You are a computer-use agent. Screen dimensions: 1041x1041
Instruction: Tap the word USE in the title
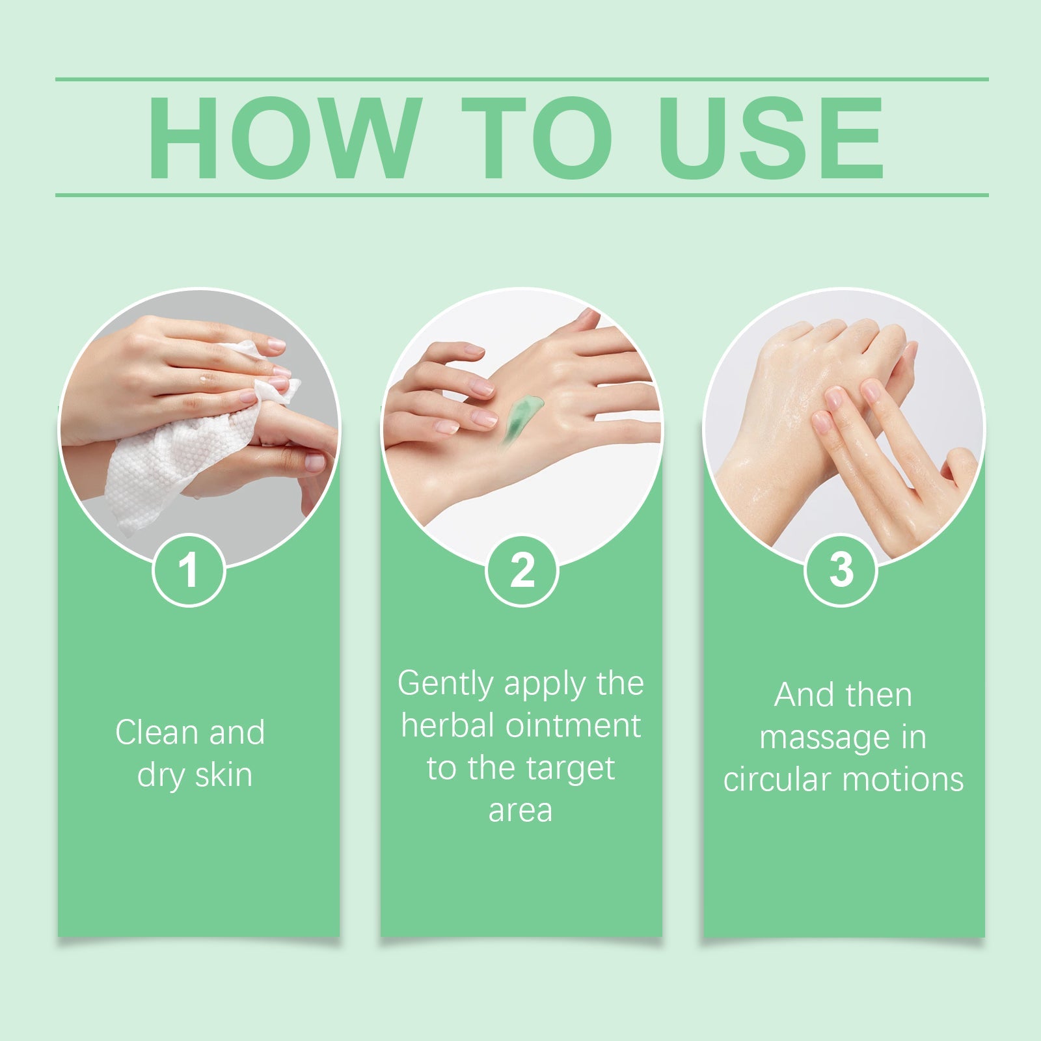point(772,138)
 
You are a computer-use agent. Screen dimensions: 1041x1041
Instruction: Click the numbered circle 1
point(189,571)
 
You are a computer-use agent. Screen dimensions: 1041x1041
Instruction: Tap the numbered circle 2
point(522,571)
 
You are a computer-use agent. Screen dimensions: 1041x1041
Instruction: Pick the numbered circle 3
point(841,571)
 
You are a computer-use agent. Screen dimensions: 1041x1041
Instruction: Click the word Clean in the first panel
point(157,733)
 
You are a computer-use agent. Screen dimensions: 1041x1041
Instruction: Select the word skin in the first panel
point(223,775)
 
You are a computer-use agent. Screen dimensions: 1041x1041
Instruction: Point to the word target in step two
point(573,769)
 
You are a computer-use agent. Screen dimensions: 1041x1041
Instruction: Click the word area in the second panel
point(520,811)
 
